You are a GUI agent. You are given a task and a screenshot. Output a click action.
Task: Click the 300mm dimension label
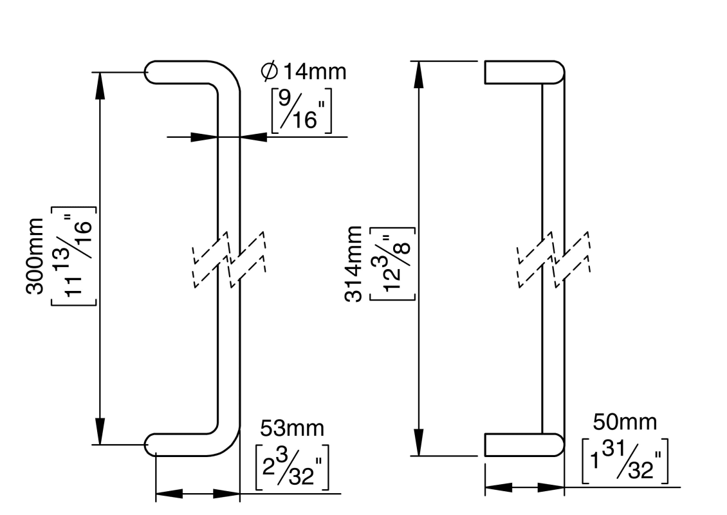(35, 256)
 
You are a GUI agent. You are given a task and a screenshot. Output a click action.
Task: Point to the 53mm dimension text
(292, 427)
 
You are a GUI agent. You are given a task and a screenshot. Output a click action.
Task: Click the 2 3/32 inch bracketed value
(293, 465)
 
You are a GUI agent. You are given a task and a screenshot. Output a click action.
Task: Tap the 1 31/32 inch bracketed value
(625, 462)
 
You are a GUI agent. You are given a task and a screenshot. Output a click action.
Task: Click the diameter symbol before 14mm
(268, 71)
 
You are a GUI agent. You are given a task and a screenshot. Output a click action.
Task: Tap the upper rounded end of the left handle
(154, 72)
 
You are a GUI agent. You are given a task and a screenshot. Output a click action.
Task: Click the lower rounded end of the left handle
(154, 444)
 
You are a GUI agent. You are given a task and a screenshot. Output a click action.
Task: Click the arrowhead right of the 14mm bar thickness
(253, 136)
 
